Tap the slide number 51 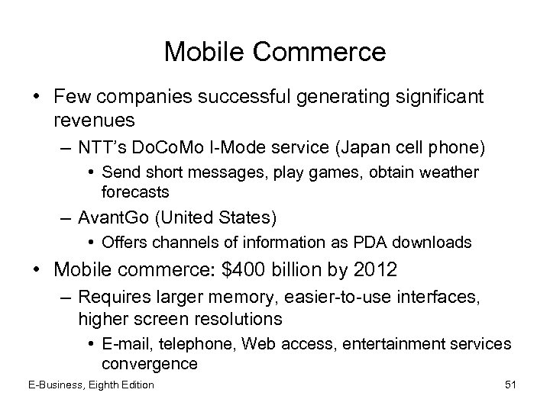(x=510, y=384)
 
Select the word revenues (x=95, y=121)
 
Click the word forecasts (x=134, y=192)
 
